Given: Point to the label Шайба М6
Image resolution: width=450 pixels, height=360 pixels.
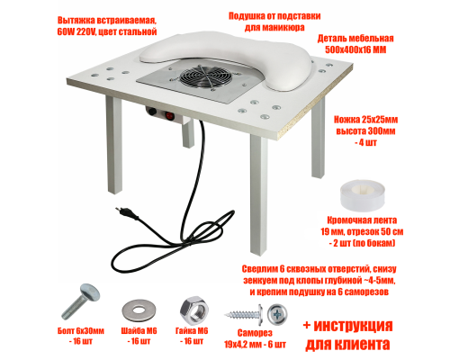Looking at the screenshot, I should point(143,334).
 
